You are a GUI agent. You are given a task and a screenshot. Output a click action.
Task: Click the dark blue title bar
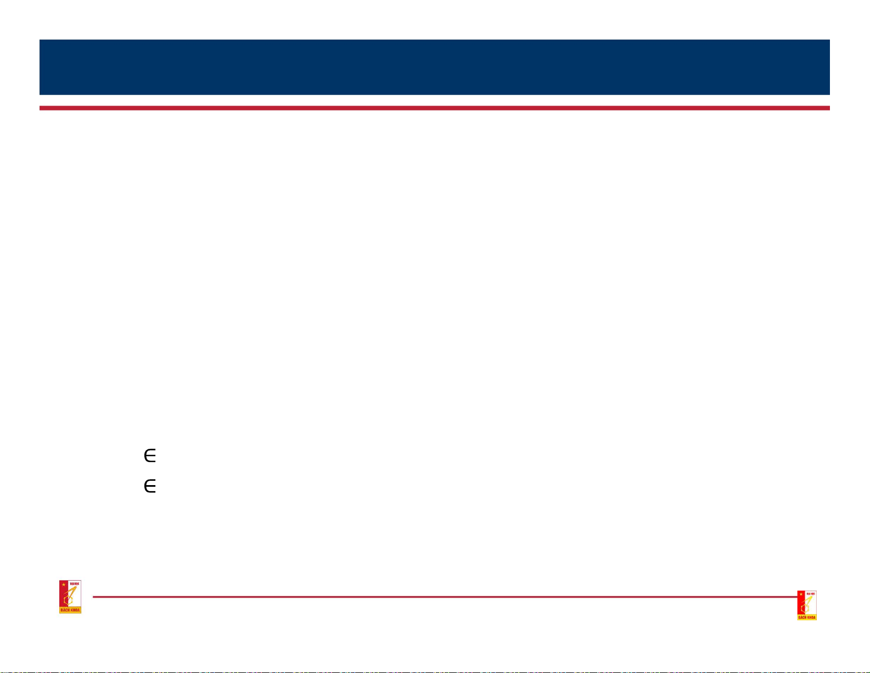pos(434,67)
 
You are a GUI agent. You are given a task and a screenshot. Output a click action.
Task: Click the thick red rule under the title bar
pos(434,108)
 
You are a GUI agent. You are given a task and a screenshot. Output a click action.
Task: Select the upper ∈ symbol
pos(150,455)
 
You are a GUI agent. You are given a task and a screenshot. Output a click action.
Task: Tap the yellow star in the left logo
pos(64,585)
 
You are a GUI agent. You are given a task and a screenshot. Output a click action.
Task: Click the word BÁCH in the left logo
pos(65,610)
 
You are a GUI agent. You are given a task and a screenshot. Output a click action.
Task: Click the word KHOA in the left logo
pos(75,610)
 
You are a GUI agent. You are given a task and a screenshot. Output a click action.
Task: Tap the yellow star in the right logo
pos(801,594)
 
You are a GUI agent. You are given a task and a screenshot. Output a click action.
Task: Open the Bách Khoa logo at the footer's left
pos(70,597)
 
